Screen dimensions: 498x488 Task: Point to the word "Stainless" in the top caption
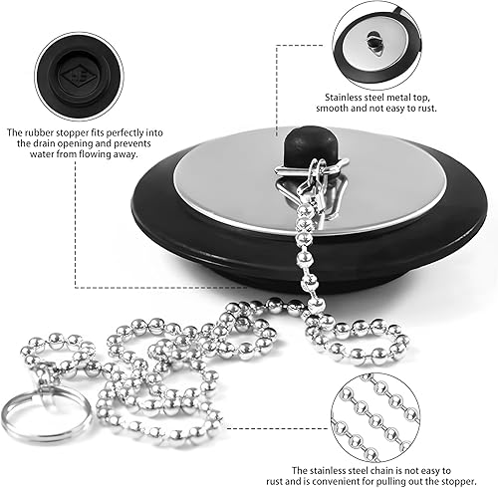coord(343,98)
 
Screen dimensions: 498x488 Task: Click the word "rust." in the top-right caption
coord(425,109)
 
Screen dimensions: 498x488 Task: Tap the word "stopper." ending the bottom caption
coord(461,482)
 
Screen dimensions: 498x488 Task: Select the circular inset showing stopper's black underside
coord(79,77)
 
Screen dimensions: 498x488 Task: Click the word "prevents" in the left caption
coord(132,144)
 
